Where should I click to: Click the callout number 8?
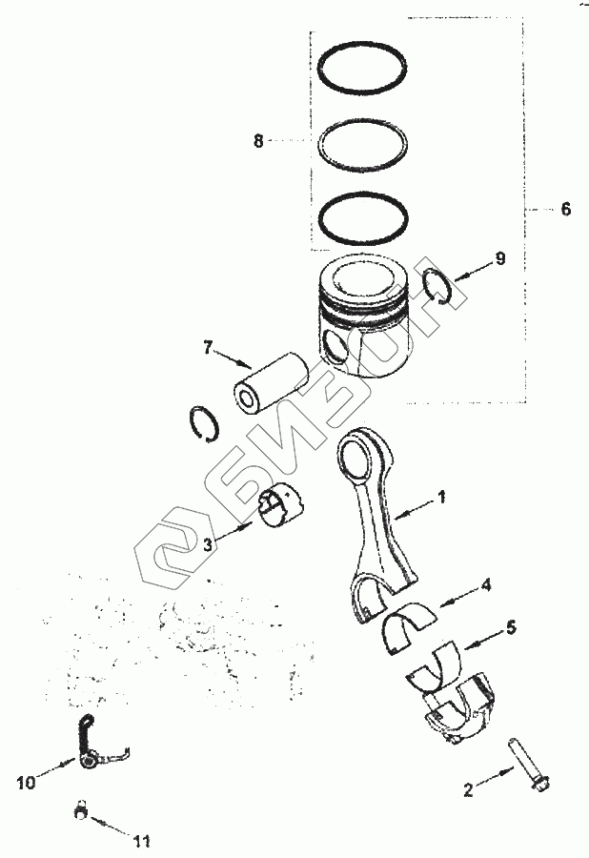pos(258,142)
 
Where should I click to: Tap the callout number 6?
pos(565,209)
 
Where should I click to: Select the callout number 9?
pos(500,258)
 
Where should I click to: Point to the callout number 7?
pos(207,347)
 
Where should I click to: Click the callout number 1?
pos(442,497)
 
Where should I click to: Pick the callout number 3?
pos(207,544)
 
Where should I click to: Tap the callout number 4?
pos(486,585)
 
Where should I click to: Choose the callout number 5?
pos(512,627)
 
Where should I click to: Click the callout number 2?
pos(468,790)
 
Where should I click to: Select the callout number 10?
pos(26,783)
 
